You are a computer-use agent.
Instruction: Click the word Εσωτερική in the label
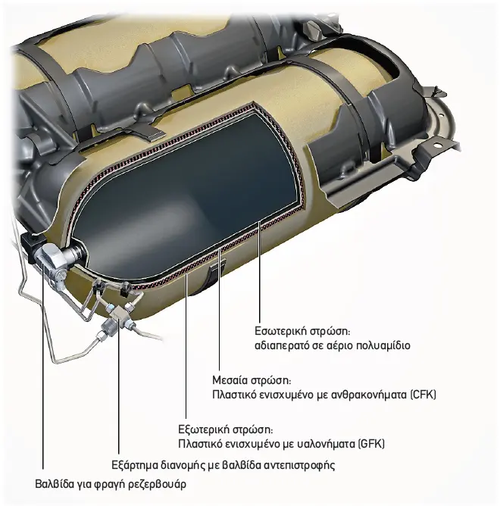pos(280,332)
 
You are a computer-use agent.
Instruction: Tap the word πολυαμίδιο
pos(383,346)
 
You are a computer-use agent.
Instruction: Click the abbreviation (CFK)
pos(423,395)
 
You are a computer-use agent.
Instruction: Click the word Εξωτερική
pos(203,429)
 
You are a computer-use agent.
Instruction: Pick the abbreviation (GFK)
pos(371,444)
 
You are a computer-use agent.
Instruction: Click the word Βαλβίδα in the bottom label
pos(55,484)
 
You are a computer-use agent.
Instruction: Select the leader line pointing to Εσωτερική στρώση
pos(259,273)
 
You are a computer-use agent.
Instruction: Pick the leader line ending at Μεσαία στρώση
pos(219,310)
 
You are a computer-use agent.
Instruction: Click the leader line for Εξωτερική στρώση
pos(186,346)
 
